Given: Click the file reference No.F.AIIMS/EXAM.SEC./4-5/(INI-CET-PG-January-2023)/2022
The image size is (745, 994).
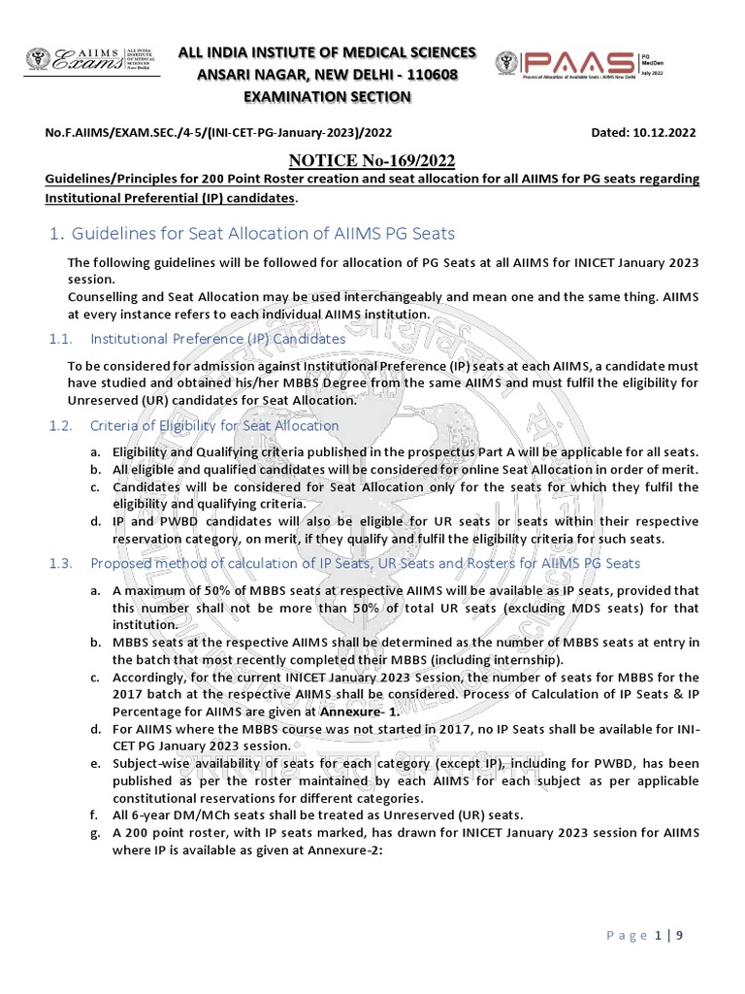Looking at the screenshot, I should pyautogui.click(x=218, y=132).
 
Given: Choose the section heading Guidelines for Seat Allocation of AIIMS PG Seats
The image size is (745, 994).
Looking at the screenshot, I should pyautogui.click(x=261, y=234).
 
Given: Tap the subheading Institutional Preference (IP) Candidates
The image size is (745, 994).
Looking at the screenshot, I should pyautogui.click(x=218, y=339).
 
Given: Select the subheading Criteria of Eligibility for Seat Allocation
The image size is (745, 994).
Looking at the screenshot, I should pyautogui.click(x=214, y=425).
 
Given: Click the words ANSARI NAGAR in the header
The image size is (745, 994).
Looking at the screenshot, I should pyautogui.click(x=253, y=75).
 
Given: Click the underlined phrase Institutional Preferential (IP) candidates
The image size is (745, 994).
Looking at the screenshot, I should pyautogui.click(x=170, y=198).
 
